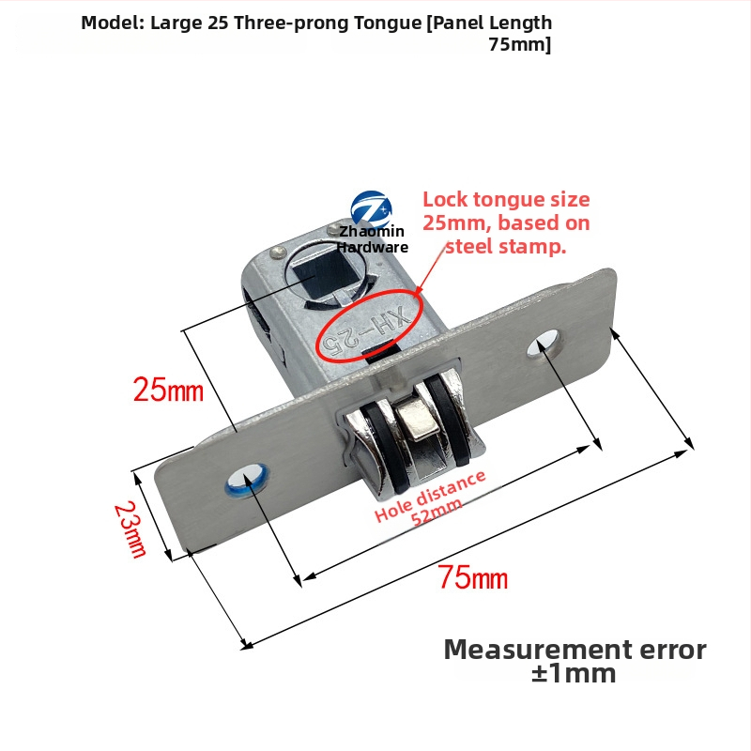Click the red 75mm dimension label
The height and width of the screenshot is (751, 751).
(473, 576)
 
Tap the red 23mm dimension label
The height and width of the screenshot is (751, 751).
(130, 529)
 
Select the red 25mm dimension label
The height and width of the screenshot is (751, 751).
(168, 389)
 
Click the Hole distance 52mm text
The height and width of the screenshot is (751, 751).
(430, 499)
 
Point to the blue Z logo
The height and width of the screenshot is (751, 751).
(371, 209)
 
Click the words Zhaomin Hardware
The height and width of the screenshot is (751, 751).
(372, 239)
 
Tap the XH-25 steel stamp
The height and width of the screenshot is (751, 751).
(367, 330)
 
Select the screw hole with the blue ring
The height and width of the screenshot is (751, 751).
(247, 480)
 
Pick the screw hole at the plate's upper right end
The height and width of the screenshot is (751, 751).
(544, 343)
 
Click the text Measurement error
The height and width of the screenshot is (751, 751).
(575, 650)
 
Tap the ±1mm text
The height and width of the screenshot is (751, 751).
(574, 673)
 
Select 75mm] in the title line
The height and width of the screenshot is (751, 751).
(520, 44)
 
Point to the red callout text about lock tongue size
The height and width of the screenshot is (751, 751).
(506, 222)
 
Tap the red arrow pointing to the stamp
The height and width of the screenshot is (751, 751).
(431, 268)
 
